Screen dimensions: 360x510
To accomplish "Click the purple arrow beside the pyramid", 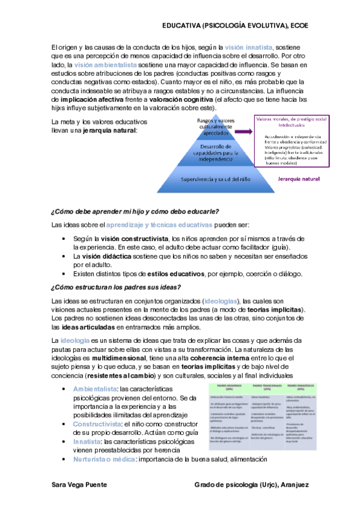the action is tap(245, 132).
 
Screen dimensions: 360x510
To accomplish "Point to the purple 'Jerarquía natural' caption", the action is tap(298, 179).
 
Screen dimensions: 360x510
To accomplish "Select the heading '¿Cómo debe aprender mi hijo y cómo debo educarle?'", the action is tap(135, 211).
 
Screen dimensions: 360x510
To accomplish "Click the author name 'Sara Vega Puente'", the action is tap(79, 484).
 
